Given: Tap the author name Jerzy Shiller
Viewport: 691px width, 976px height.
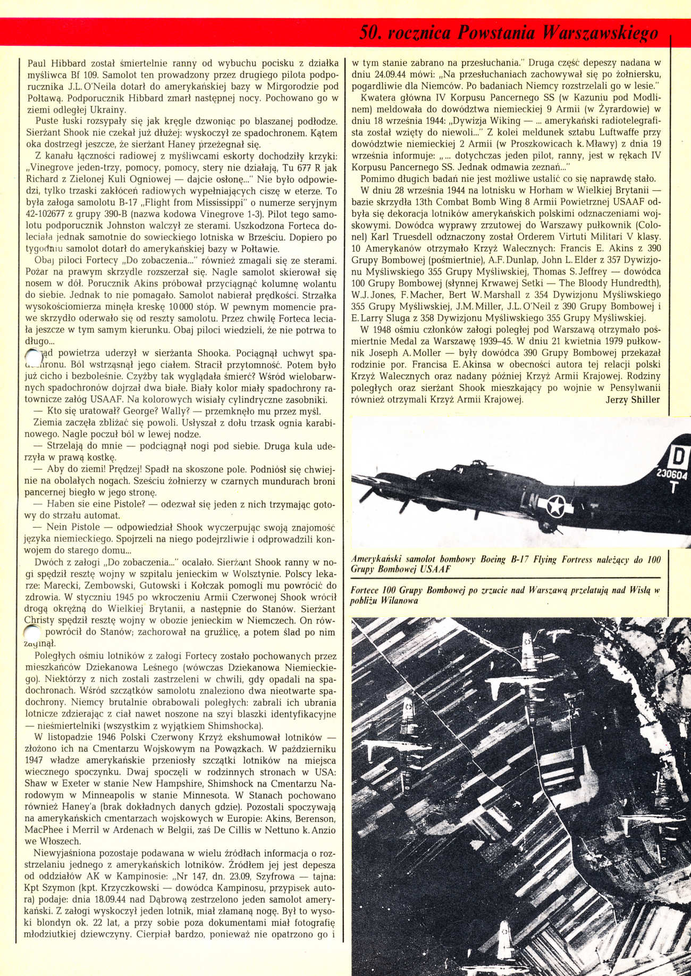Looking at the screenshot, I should click(633, 399).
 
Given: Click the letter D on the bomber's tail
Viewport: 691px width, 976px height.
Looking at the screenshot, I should click(678, 457).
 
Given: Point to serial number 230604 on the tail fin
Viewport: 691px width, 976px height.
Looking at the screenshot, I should click(672, 473).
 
